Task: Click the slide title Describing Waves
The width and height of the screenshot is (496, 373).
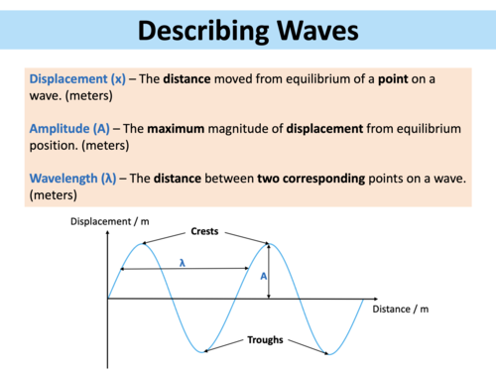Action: click(247, 32)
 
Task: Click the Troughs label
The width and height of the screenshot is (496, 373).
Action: click(265, 339)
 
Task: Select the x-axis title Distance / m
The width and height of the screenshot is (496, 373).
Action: click(401, 310)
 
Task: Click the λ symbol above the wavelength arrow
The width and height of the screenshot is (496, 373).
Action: click(183, 262)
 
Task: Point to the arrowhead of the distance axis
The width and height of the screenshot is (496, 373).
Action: click(374, 298)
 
